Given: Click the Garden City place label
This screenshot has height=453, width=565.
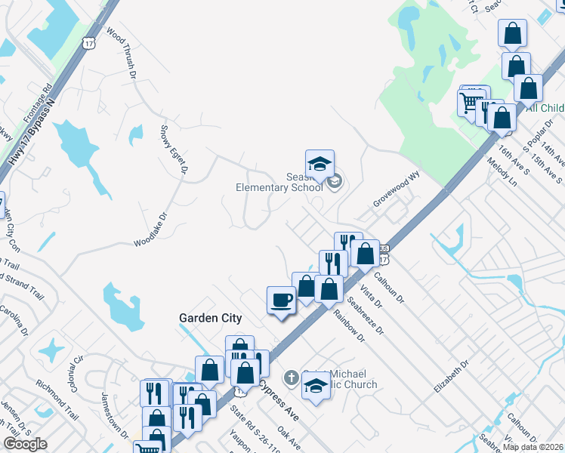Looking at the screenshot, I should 210,318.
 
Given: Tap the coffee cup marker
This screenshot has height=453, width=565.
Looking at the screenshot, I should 281,300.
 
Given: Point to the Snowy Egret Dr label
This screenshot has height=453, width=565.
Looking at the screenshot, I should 173,149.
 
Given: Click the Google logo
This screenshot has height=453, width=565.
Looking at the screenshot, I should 25,444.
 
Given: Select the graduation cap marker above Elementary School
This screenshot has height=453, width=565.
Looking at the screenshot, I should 320,163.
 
